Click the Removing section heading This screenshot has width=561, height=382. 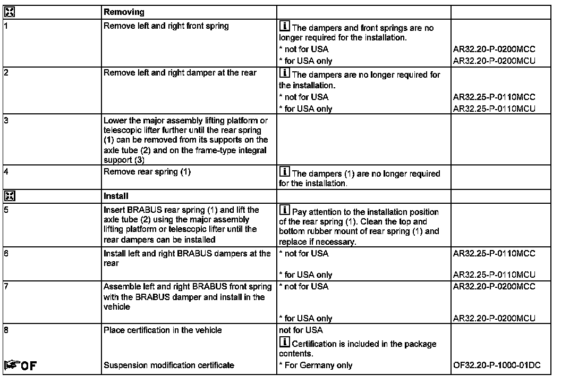click(x=120, y=11)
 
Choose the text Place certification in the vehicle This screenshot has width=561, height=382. click(x=163, y=330)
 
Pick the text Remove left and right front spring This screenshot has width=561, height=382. click(x=166, y=26)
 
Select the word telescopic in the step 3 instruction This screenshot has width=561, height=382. click(x=122, y=131)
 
